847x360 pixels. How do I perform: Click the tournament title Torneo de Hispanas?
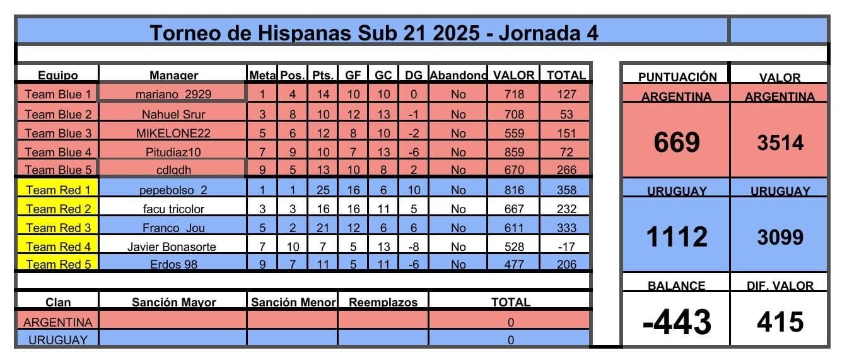pos(373,32)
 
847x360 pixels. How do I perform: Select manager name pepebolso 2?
pos(173,190)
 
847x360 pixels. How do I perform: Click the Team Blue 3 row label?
pos(57,133)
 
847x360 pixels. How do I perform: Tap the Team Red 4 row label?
pos(57,247)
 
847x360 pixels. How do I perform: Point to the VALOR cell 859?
pos(514,152)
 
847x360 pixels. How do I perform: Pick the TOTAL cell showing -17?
pos(566,247)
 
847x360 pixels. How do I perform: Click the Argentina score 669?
pos(677,143)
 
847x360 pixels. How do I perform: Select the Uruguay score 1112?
pos(677,237)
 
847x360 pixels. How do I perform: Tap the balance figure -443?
pos(677,322)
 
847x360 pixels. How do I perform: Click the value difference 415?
pos(780,322)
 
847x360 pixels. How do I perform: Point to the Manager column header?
pos(173,76)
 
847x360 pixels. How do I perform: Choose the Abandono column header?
pos(458,76)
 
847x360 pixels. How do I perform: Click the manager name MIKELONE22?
pos(173,133)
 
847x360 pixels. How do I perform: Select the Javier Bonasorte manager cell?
pos(173,247)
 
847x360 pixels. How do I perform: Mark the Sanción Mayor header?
pos(173,303)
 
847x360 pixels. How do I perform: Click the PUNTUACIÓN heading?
pos(677,78)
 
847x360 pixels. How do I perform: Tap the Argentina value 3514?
pos(780,143)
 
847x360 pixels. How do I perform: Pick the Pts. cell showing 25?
pos(323,190)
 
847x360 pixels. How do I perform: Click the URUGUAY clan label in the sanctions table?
pos(57,340)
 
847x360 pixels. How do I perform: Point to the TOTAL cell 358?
pos(566,190)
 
